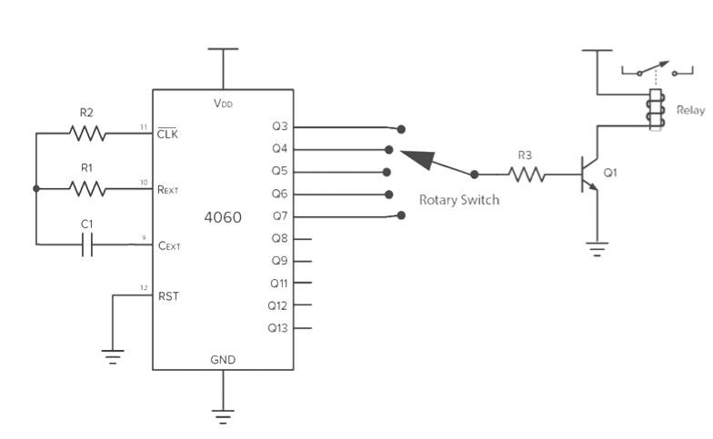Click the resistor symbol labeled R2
tap(88, 134)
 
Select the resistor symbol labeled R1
tap(88, 189)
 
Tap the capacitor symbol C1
tap(87, 244)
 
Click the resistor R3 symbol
tap(527, 173)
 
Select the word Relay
tap(689, 110)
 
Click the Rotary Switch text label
tap(458, 200)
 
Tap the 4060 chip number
tap(223, 218)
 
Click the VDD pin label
tap(223, 104)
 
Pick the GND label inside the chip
tap(223, 360)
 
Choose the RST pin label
tap(168, 295)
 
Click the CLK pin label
tap(167, 134)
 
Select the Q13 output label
tap(277, 328)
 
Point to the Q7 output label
tap(279, 216)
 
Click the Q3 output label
tap(279, 127)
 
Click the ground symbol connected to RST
tap(113, 355)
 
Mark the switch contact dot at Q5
tap(388, 172)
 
